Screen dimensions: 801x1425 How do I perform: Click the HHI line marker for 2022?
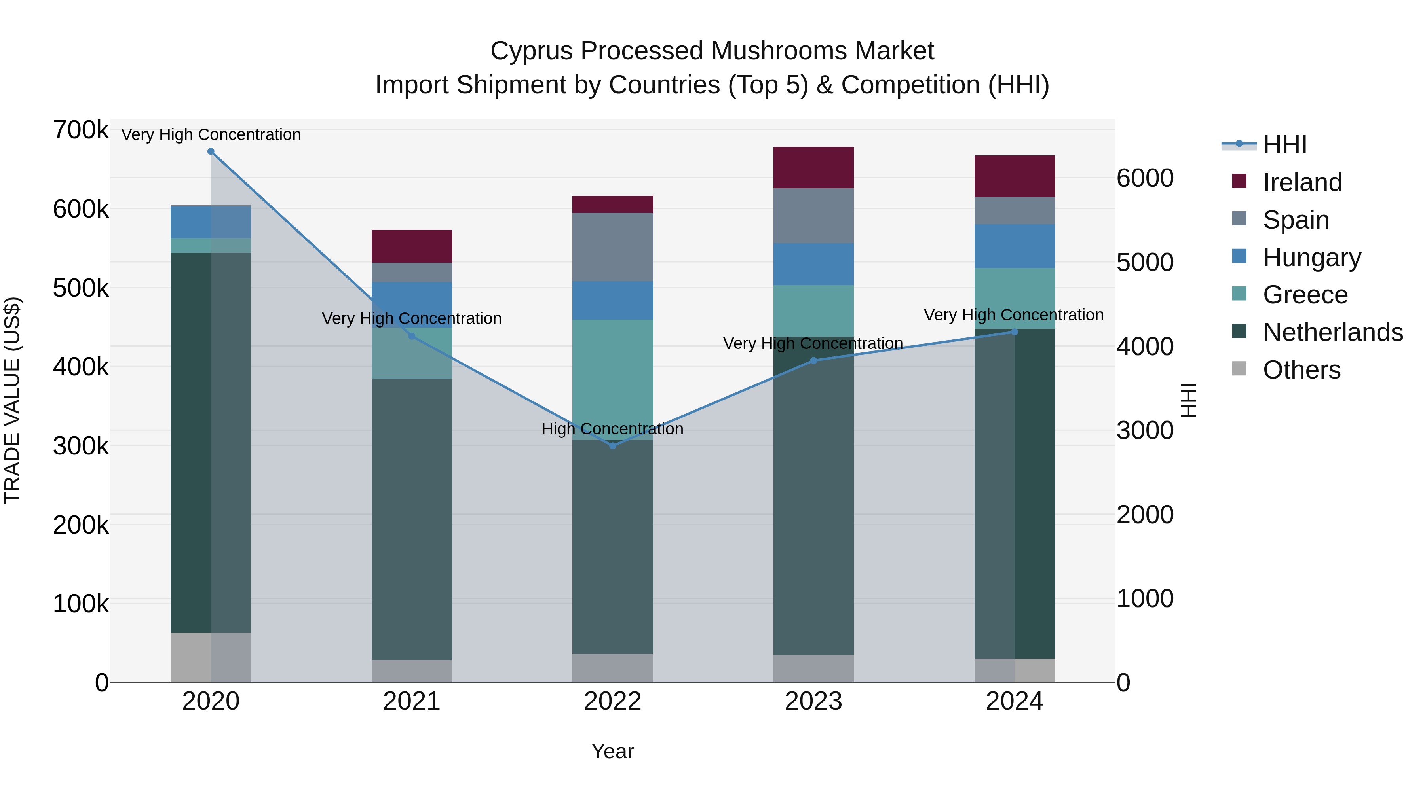click(x=612, y=445)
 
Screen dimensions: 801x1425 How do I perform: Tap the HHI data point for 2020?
click(x=211, y=151)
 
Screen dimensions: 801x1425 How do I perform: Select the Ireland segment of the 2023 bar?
click(x=813, y=167)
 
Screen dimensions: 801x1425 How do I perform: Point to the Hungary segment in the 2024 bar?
click(x=1014, y=246)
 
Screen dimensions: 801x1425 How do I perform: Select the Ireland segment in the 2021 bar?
click(x=412, y=246)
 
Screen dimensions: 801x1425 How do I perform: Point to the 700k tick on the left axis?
click(x=81, y=131)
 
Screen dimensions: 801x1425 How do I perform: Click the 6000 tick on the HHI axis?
click(x=1144, y=178)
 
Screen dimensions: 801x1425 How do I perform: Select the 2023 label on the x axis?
click(x=813, y=701)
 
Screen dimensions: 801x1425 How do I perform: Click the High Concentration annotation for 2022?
click(x=612, y=429)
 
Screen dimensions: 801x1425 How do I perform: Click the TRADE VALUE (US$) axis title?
click(x=12, y=400)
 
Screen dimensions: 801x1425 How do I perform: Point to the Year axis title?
click(x=612, y=751)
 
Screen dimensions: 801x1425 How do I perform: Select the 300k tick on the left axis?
click(x=81, y=445)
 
